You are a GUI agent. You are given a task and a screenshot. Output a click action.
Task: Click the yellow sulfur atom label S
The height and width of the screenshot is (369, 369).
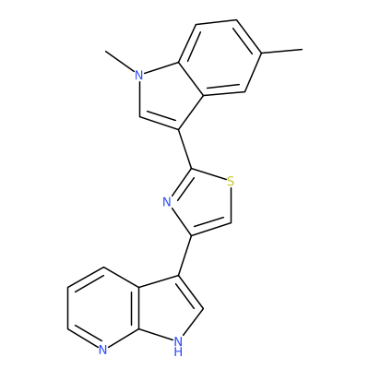(231, 182)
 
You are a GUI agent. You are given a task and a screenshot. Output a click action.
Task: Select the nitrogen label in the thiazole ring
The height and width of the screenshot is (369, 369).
(167, 202)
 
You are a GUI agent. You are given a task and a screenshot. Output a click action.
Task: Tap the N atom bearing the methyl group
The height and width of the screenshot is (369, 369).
(139, 75)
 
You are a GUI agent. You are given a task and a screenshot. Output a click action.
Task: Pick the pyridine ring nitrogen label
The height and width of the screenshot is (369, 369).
(103, 350)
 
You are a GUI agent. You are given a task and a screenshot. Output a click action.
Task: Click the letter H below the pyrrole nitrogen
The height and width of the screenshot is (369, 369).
(178, 351)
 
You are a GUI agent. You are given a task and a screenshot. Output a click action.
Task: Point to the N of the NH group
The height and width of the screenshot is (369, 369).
(178, 340)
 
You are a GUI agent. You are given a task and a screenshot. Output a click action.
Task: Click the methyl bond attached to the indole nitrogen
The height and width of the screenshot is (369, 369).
(120, 62)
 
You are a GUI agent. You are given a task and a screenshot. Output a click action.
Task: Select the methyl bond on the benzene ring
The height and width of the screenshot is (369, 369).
(281, 52)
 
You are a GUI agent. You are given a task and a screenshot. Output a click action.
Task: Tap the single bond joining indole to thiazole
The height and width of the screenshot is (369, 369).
(185, 149)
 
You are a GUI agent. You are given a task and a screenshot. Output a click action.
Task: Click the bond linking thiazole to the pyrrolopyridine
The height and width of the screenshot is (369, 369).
(185, 256)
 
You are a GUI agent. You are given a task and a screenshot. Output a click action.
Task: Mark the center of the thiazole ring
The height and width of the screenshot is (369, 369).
(203, 202)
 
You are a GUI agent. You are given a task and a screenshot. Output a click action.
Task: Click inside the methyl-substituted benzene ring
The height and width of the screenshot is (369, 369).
(220, 58)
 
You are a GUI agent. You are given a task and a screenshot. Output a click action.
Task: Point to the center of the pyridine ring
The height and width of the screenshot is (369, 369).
(103, 308)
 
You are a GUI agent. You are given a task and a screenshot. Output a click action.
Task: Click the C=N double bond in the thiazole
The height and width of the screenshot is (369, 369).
(182, 182)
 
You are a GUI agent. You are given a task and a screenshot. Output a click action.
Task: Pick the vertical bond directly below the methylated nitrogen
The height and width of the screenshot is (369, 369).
(139, 99)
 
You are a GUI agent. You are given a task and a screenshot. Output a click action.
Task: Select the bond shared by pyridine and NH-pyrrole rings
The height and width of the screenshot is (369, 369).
(139, 308)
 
